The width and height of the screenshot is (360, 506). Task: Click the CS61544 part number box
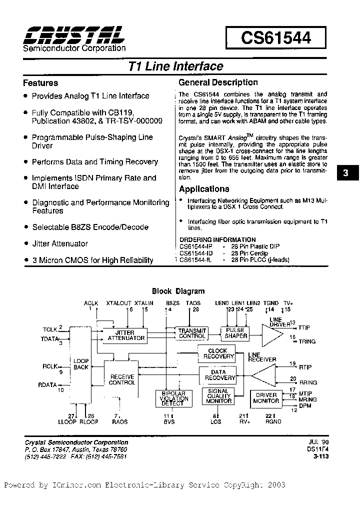(x=275, y=38)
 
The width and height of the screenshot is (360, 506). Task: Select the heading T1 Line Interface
(x=175, y=66)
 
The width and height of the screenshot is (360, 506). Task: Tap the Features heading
(x=40, y=83)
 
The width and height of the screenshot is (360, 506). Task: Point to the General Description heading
(x=218, y=82)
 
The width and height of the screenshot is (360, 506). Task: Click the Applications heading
(x=204, y=189)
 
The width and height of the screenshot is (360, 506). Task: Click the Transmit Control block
(x=192, y=333)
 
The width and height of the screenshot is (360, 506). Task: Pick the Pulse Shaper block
(x=235, y=333)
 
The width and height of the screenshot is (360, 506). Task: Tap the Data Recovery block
(x=218, y=375)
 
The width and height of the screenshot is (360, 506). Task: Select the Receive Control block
(x=121, y=379)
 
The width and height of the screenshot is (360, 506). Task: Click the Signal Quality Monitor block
(x=218, y=397)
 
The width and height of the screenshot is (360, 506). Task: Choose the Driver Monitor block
(x=266, y=398)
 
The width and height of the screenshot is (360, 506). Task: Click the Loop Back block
(x=80, y=364)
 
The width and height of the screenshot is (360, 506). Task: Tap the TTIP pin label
(x=304, y=328)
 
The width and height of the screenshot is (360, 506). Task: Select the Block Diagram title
(x=178, y=291)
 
